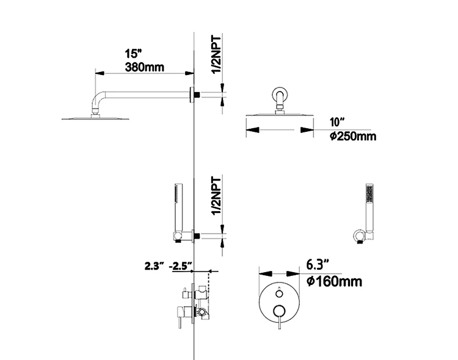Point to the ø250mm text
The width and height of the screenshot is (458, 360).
pyautogui.click(x=352, y=135)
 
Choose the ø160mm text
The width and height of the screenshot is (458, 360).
pyautogui.click(x=333, y=281)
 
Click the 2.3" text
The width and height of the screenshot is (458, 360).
pyautogui.click(x=153, y=266)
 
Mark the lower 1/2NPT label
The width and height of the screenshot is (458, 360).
pyautogui.click(x=216, y=196)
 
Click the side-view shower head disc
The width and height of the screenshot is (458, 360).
pyautogui.click(x=88, y=117)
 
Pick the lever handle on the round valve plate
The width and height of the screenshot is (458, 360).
pyautogui.click(x=280, y=314)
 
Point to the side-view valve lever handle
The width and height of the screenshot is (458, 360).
pyautogui.click(x=180, y=318)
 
